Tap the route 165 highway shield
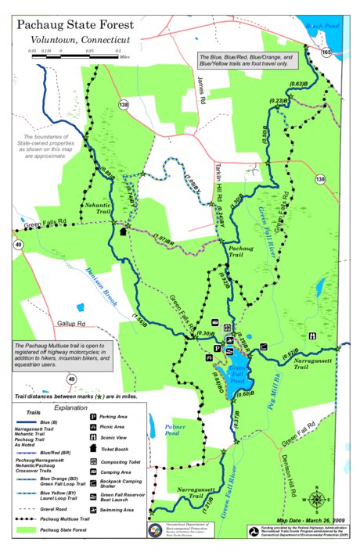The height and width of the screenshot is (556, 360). [325, 52]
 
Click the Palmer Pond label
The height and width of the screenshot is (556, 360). [175, 429]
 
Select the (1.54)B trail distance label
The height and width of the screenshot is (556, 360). [139, 320]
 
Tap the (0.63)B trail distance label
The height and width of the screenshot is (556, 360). [297, 84]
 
